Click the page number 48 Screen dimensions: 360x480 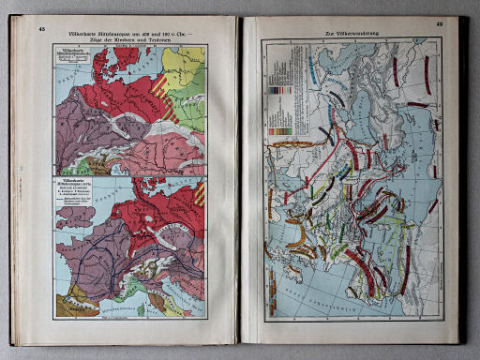point(42,28)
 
